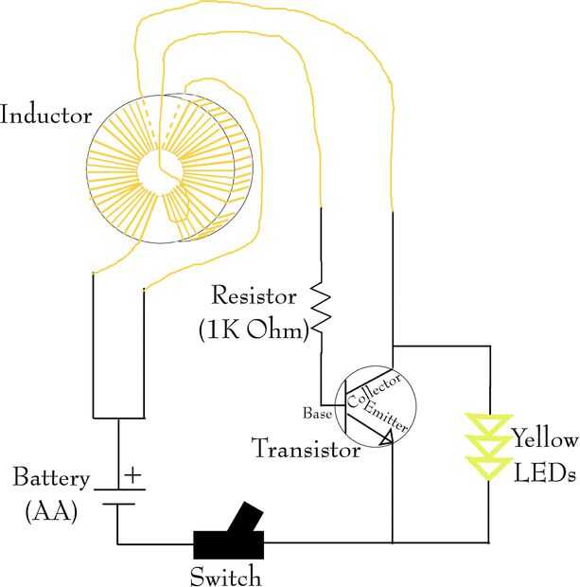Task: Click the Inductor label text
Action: click(46, 117)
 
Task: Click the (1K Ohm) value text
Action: click(255, 331)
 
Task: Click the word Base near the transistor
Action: click(316, 414)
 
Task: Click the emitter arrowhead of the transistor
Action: click(386, 438)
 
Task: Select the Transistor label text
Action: click(306, 449)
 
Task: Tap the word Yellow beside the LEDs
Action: click(543, 439)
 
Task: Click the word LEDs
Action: click(544, 472)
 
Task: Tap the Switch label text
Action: click(225, 575)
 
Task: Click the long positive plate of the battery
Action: click(117, 489)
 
